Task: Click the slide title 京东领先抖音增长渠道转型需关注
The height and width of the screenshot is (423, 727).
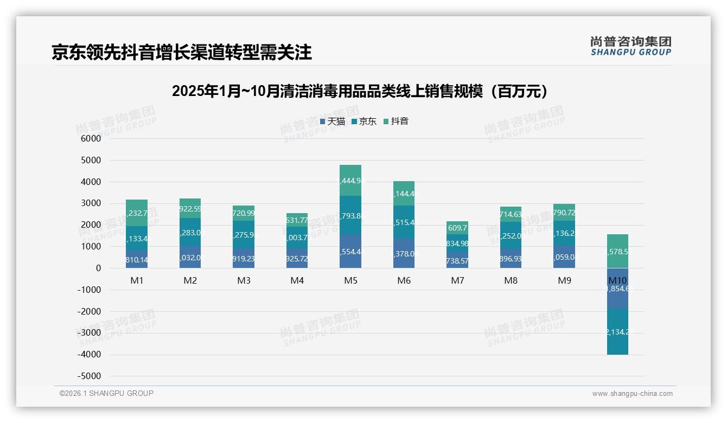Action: tap(181, 52)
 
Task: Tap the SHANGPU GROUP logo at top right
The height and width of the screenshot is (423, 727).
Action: tap(630, 46)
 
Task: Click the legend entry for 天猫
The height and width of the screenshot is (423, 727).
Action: tap(333, 121)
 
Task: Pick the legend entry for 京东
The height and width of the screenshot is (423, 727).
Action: tap(364, 121)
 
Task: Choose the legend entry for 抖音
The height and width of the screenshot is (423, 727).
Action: tap(396, 121)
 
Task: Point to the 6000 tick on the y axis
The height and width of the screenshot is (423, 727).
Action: tap(91, 139)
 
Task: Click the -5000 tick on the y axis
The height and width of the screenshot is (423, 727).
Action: tap(90, 376)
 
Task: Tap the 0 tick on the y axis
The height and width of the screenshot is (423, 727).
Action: tap(98, 268)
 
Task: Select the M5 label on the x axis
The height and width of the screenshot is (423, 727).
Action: tap(350, 281)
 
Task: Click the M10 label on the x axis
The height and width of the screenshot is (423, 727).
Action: tap(617, 281)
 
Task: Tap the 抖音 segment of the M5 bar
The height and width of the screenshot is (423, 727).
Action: tap(350, 180)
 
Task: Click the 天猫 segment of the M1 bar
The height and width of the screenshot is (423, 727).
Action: tap(136, 260)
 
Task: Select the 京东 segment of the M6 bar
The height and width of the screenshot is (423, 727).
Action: tap(404, 222)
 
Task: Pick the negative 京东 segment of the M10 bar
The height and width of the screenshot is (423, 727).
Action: tap(617, 331)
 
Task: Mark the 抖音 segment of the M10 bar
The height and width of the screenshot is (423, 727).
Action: tap(617, 252)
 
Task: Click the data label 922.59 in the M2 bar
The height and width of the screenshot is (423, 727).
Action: tap(190, 209)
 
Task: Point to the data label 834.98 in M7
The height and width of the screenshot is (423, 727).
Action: tap(457, 243)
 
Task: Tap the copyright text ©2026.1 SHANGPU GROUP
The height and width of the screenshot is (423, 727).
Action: tap(106, 393)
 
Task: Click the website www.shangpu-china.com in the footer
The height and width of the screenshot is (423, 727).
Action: tap(632, 394)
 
